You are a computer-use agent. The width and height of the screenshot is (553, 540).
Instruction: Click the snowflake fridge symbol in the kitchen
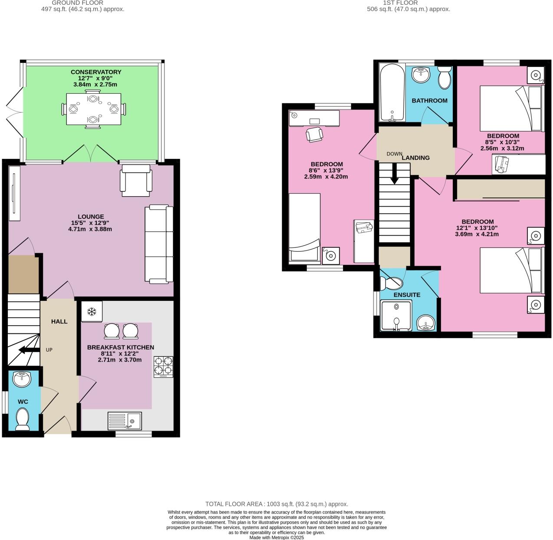(92, 311)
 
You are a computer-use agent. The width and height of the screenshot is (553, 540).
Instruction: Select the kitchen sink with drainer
(125, 421)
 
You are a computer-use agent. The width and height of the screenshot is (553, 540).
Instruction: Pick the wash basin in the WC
(22, 379)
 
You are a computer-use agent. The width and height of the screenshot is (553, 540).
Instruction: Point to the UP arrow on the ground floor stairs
(30, 350)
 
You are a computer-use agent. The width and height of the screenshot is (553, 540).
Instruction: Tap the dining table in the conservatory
(93, 109)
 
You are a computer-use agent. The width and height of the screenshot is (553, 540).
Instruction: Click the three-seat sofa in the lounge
(158, 244)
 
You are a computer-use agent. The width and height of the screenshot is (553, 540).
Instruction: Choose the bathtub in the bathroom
(392, 93)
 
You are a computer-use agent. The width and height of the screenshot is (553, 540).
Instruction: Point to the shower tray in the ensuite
(396, 315)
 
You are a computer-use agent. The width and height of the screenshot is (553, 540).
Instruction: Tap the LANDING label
(415, 158)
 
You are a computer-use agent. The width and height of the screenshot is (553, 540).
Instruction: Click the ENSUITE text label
(407, 295)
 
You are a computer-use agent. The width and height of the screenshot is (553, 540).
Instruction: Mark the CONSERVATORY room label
(96, 72)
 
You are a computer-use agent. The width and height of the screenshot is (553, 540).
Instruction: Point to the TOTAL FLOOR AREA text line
(276, 504)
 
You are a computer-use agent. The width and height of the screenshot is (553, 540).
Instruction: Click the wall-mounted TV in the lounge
(14, 193)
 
